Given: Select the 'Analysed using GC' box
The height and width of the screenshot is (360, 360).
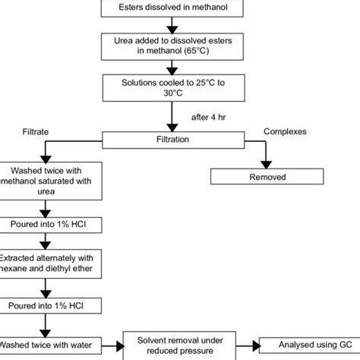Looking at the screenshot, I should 308,346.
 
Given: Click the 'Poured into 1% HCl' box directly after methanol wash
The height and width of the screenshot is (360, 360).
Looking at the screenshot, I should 47,226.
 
